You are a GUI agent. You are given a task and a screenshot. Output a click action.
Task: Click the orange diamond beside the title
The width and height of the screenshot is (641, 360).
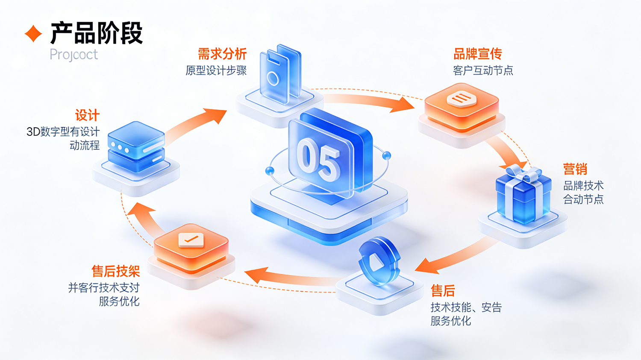[33, 33]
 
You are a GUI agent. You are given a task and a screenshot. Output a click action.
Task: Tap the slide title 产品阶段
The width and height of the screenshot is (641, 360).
[96, 33]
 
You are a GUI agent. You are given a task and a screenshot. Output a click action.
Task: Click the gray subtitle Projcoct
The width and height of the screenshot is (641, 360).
[74, 55]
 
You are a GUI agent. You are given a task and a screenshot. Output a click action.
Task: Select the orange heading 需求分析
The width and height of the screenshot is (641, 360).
[222, 54]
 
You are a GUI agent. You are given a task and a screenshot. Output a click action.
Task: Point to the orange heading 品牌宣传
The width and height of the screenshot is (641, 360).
[477, 54]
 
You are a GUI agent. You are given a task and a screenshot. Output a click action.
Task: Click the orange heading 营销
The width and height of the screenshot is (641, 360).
[575, 169]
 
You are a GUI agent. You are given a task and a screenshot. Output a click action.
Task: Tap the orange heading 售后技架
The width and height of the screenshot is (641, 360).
[116, 271]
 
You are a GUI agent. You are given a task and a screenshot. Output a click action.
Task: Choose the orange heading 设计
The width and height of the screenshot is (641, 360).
[87, 115]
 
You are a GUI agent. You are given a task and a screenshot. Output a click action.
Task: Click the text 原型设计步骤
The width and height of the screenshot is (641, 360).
[216, 70]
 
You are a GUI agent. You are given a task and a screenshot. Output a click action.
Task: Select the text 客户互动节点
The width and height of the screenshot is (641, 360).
[483, 70]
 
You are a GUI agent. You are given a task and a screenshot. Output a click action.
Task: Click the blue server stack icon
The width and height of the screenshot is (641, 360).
[136, 147]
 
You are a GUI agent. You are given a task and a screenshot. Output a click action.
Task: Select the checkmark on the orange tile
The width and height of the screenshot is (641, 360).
[191, 239]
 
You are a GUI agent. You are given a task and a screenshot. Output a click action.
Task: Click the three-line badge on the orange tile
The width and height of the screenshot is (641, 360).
[461, 100]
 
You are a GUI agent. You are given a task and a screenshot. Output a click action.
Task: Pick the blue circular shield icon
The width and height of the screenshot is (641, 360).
[379, 260]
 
